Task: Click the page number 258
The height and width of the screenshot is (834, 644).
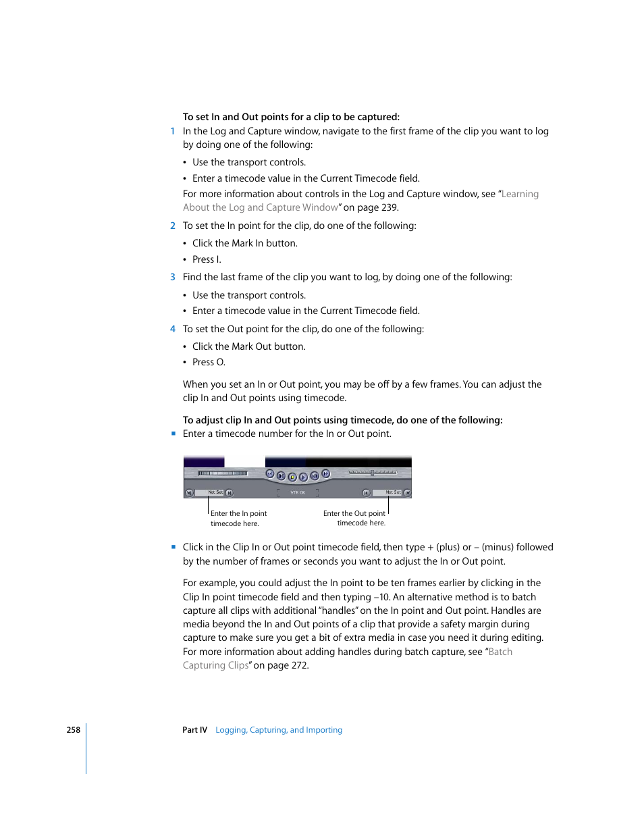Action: [73, 730]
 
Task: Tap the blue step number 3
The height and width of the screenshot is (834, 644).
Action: [173, 277]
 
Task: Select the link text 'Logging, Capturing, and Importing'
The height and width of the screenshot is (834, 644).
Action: [279, 730]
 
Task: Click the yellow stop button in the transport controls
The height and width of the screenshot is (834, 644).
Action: [292, 477]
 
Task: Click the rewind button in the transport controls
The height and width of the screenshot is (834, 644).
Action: [270, 474]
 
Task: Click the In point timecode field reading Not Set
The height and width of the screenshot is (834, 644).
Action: [215, 492]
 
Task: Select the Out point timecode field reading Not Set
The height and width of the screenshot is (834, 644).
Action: [392, 492]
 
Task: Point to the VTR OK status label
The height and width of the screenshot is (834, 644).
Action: [298, 493]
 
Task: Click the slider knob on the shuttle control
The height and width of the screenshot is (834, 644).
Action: [372, 473]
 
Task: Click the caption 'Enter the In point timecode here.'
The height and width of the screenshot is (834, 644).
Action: [238, 519]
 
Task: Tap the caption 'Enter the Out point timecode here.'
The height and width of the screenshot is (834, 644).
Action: [355, 519]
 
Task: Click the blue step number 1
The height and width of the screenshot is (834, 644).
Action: [173, 132]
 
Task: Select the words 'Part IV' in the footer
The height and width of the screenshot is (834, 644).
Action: [194, 730]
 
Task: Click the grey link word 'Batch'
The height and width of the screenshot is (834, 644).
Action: [500, 652]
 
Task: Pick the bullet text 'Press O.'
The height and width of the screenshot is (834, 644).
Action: [209, 363]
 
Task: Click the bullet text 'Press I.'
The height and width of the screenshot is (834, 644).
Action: [207, 259]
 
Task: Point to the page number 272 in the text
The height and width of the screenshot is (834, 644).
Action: [298, 666]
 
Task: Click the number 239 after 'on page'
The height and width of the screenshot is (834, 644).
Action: [390, 208]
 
